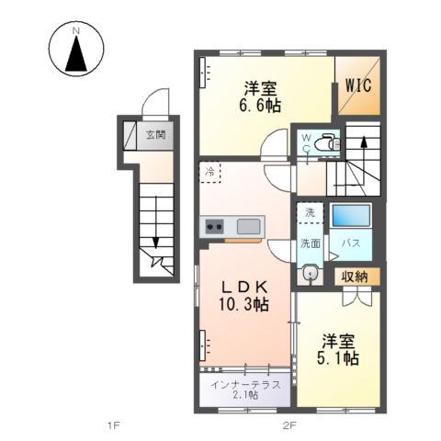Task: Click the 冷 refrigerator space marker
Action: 210,172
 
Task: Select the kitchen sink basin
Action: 248,226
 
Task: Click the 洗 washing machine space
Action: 311,212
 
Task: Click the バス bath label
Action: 351,243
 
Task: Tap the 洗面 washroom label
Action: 311,243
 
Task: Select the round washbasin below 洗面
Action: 311,273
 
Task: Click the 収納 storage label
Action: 356,275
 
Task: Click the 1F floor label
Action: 114,425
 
